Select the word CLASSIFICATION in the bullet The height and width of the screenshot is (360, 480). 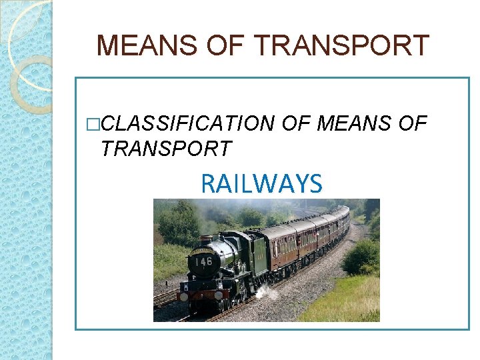tap(189, 123)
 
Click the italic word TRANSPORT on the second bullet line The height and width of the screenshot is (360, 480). tap(165, 149)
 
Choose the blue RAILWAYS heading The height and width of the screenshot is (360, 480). tap(261, 183)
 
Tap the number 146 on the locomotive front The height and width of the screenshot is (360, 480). tap(203, 261)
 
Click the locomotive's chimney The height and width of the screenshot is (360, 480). tap(206, 239)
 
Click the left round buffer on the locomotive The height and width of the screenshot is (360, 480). tap(184, 296)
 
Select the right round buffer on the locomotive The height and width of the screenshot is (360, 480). tap(218, 295)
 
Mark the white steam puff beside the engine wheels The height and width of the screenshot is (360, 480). tap(266, 291)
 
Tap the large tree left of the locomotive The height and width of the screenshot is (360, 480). tap(177, 224)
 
